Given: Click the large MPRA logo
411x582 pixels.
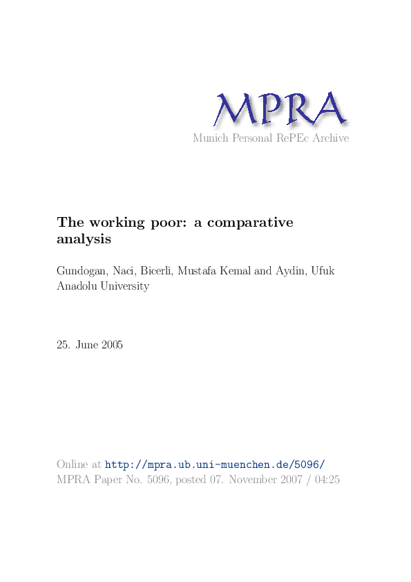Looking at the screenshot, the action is tap(280, 110).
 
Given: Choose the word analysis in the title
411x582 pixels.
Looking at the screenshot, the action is tap(84, 240).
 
